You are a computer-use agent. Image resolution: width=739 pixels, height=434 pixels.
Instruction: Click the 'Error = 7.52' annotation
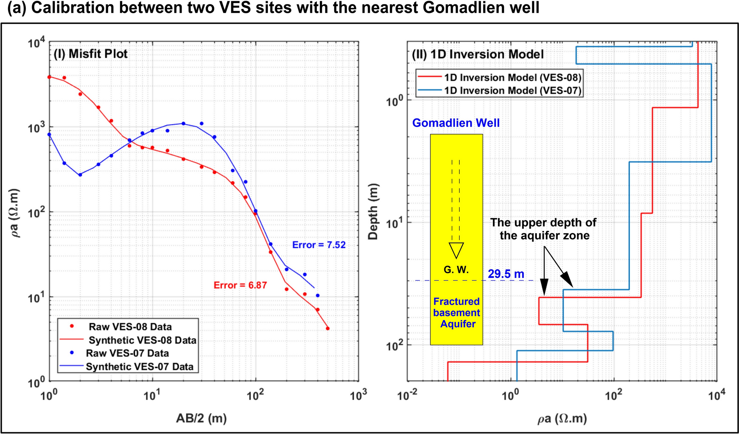(x=319, y=245)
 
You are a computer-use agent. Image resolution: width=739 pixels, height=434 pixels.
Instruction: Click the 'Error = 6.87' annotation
(x=240, y=285)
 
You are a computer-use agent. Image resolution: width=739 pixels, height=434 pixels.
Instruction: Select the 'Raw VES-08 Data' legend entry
(x=130, y=327)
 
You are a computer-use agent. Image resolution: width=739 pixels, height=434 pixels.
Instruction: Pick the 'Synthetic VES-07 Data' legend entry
(x=139, y=367)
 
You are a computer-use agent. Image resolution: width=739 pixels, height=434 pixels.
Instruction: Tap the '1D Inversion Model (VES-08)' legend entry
(x=512, y=77)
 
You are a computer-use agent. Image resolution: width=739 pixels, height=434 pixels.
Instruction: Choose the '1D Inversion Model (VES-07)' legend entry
(x=512, y=91)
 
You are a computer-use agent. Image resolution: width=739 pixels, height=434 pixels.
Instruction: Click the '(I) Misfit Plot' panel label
(x=91, y=54)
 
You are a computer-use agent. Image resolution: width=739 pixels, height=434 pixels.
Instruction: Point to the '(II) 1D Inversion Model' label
(x=478, y=55)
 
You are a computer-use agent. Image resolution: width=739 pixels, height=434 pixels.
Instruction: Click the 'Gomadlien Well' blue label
(x=456, y=123)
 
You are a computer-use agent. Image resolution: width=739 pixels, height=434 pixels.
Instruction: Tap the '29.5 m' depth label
(x=506, y=274)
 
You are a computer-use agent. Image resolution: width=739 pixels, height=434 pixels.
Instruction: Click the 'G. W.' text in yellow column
(x=456, y=270)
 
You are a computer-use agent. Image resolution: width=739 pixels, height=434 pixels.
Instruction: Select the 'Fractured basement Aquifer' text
(x=456, y=313)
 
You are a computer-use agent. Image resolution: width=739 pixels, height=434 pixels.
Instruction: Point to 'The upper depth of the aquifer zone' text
(x=544, y=229)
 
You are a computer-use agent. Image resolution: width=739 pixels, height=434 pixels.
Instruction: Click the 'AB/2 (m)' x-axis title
(x=201, y=418)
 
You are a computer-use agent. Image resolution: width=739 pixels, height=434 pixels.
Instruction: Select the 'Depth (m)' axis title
(x=373, y=211)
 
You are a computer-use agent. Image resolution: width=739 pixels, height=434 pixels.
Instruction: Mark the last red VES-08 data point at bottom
(x=328, y=328)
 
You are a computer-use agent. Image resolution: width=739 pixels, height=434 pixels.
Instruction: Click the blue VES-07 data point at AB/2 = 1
(x=49, y=134)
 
